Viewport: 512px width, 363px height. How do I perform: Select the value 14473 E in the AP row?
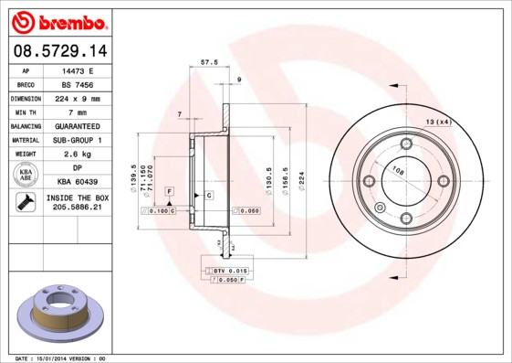77,69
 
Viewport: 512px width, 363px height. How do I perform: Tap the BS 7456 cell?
77,83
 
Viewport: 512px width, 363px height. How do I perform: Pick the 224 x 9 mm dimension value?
77,98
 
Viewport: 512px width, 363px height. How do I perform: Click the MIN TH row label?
26,112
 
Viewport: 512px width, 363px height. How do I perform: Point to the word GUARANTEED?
77,125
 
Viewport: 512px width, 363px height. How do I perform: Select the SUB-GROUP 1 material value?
77,140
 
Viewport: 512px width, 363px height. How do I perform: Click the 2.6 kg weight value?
77,154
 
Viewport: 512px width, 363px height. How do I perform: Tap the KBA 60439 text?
77,182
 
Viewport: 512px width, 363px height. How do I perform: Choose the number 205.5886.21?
77,208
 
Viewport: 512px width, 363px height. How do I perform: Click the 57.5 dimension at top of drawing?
207,63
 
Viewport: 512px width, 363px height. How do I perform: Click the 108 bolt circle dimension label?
398,170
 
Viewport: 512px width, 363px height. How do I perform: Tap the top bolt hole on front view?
405,144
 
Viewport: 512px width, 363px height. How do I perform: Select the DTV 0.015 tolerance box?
229,272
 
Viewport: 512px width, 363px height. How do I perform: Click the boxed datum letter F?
169,189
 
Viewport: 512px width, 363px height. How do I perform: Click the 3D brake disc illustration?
57,315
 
